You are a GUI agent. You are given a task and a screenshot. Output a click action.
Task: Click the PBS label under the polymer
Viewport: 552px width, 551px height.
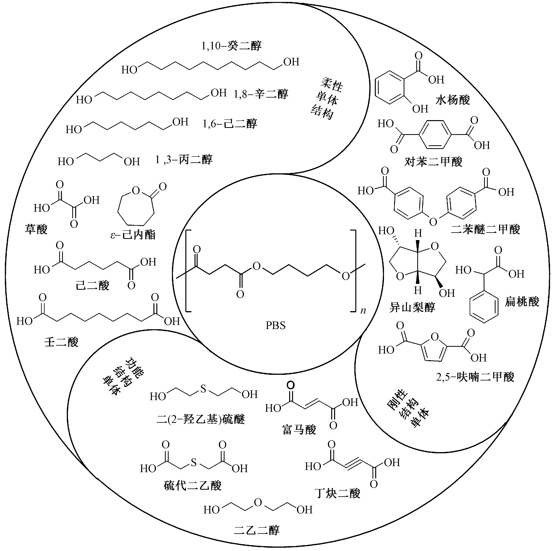point(276,325)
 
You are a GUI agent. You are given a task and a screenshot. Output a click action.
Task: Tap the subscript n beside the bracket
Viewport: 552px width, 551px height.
point(363,311)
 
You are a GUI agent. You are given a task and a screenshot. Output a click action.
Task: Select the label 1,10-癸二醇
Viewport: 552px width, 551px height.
point(232,46)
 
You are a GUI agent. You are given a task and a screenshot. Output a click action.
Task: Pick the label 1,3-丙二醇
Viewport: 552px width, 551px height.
point(184,160)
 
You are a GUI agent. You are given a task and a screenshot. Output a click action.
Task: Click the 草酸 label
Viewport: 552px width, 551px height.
point(36,229)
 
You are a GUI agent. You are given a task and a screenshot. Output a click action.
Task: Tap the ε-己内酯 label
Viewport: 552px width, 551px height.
point(133,235)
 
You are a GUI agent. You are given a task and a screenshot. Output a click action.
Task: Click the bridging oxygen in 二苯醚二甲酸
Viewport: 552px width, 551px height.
point(433,222)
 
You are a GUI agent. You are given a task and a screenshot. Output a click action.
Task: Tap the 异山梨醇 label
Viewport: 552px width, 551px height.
point(412,307)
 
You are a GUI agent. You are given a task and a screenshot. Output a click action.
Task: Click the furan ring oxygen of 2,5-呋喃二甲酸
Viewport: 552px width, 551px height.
point(435,337)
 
